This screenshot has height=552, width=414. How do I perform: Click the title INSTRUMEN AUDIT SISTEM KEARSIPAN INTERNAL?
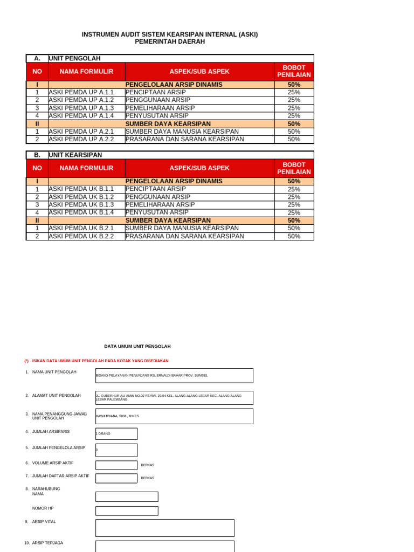click(170, 34)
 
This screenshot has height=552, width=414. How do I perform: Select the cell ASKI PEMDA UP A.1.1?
click(81, 92)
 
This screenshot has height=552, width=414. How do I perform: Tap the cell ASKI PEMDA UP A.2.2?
click(81, 139)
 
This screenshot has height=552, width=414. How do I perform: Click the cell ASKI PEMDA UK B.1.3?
click(81, 205)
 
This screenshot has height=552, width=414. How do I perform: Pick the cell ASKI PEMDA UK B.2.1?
click(81, 228)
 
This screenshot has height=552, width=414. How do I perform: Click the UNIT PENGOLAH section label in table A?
click(75, 58)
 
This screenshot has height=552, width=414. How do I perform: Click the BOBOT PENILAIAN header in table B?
click(294, 168)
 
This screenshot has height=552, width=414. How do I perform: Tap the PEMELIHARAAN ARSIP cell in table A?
click(160, 108)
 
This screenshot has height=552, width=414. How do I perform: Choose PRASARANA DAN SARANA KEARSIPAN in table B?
click(185, 236)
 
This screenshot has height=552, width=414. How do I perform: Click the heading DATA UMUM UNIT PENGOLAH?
click(137, 346)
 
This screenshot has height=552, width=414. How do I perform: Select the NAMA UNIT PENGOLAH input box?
click(174, 375)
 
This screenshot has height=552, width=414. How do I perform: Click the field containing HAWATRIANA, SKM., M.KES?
click(174, 416)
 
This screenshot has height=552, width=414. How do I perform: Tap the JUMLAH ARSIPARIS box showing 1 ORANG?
click(116, 433)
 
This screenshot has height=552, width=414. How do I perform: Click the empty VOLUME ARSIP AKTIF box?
click(116, 465)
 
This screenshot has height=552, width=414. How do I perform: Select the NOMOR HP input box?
click(127, 510)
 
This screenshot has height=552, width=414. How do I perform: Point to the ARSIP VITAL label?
click(44, 522)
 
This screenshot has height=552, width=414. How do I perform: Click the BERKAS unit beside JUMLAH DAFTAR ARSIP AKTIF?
click(147, 478)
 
